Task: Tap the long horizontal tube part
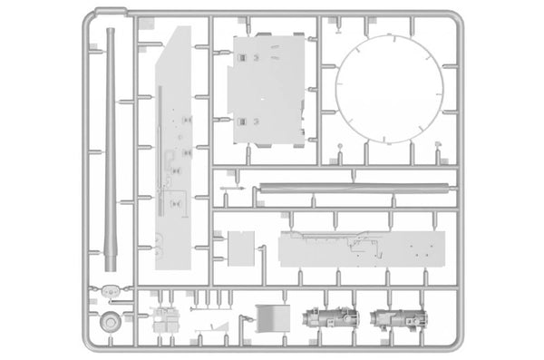pyautogui.click(x=354, y=189)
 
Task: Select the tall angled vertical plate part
pyautogui.click(x=174, y=154)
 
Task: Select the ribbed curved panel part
pyautogui.click(x=270, y=317)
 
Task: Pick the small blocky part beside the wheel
pyautogui.click(x=164, y=319)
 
